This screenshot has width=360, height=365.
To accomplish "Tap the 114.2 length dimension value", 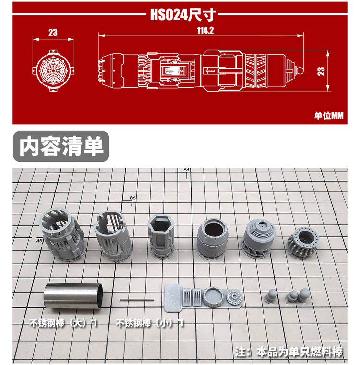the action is tap(205, 31).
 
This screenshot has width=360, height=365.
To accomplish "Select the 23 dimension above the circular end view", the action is tap(53, 32).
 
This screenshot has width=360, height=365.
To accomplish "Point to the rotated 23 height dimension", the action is tap(321, 71).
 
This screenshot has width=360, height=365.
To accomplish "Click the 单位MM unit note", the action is tap(328, 116).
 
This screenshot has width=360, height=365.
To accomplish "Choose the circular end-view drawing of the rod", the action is tap(53, 70).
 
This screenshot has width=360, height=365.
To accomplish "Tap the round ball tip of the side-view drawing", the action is tap(300, 70).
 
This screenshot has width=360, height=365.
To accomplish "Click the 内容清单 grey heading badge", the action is tap(61, 146).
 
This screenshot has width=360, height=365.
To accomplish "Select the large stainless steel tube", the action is tap(73, 296).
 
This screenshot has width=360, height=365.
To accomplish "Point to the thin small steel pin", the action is tap(137, 300).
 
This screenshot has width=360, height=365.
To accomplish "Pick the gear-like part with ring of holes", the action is tap(303, 243).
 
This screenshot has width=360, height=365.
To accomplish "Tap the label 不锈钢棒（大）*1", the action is tap(63, 323).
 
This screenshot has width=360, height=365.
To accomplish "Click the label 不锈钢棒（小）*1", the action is tap(150, 323).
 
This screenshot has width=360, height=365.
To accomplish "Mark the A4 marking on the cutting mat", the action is tap(186, 170).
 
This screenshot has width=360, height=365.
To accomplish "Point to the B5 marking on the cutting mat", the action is tap(132, 198).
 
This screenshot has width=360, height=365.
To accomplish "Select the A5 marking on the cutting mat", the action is tap(39, 240).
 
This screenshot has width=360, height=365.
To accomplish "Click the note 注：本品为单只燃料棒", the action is tap(288, 352).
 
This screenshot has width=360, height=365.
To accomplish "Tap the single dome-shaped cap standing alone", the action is tap(271, 296).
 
